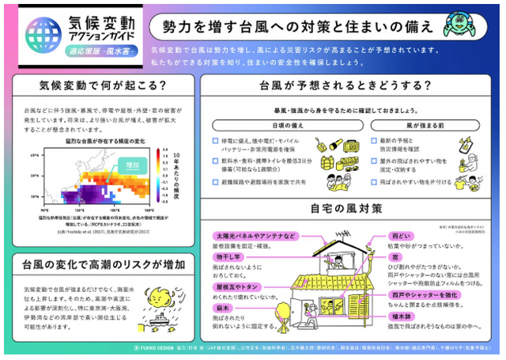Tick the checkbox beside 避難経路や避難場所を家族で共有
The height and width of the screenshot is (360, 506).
click(215, 182)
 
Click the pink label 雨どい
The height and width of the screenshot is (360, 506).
click(399, 236)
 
